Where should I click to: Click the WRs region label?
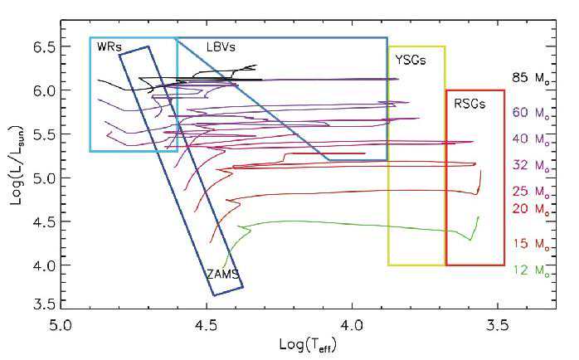pos(109,47)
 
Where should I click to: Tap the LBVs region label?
pos(221,47)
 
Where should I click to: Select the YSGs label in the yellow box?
pos(411,60)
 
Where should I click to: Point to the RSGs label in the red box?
pos(470,104)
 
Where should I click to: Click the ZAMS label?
pos(223,275)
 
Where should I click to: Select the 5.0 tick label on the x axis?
pos(61,326)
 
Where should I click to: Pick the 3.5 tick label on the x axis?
pos(499,326)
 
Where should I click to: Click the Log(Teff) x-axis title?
pos(308,346)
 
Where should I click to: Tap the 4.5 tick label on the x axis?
pos(207,326)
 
